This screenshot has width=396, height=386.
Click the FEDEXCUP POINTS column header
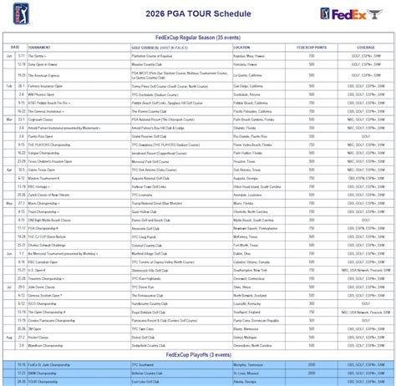click(x=311, y=47)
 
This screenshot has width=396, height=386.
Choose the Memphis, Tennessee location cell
click(x=251, y=364)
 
